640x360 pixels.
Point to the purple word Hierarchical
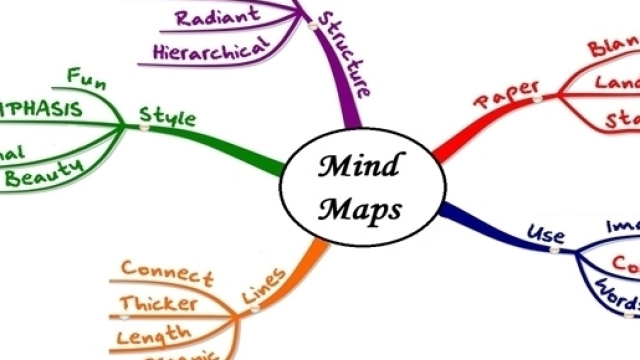click(x=212, y=47)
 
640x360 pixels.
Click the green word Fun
click(x=86, y=77)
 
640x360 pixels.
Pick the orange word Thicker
click(x=158, y=303)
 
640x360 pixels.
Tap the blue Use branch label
click(x=546, y=237)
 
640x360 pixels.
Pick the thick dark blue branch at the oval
click(x=470, y=222)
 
